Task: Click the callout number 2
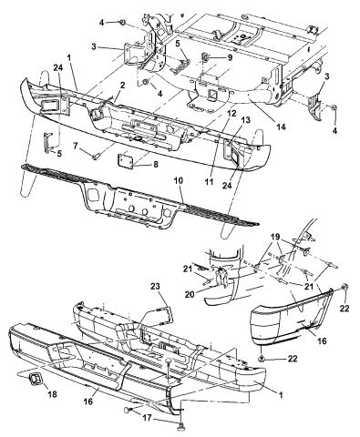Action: coord(122,86)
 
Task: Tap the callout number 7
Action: coord(77,146)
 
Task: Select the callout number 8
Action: coord(156,165)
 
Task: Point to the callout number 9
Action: coord(230,57)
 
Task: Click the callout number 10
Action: coord(179,180)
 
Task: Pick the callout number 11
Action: coord(209,181)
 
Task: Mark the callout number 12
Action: coord(231,114)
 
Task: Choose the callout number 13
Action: coord(246,120)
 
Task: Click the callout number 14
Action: coord(282,127)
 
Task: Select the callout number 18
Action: coord(52,394)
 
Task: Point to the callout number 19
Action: coord(276,237)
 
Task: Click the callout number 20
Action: coord(189,294)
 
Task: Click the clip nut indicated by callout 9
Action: coord(206,57)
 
